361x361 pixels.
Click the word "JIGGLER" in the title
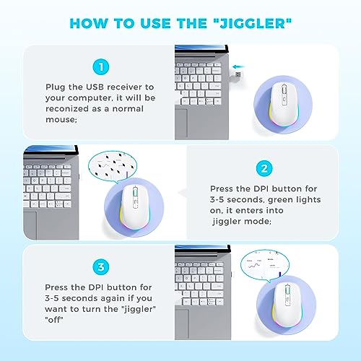[x=253, y=24]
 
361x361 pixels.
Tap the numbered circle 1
[x=101, y=66]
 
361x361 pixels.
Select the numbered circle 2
[x=264, y=168]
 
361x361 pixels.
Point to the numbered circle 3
[x=101, y=266]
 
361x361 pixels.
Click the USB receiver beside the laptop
[x=236, y=75]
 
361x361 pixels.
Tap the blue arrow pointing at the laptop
[x=238, y=66]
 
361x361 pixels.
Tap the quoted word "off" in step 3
[x=54, y=320]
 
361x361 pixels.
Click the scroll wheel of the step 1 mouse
[x=284, y=90]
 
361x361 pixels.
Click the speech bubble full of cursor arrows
[x=113, y=166]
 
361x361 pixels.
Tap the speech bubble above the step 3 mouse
[x=265, y=265]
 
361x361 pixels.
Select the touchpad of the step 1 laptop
[x=181, y=124]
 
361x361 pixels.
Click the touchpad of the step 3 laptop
[x=182, y=324]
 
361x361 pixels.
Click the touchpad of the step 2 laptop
[x=30, y=225]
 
